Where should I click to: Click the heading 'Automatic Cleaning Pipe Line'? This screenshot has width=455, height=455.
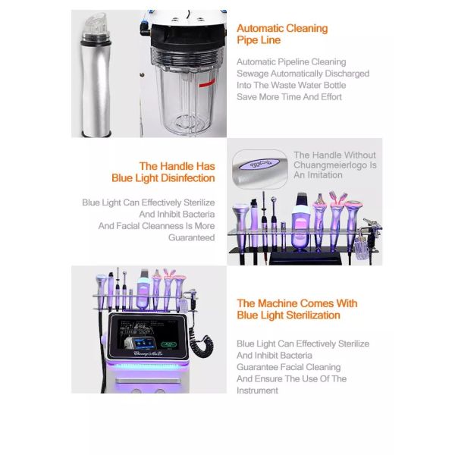tap(282, 34)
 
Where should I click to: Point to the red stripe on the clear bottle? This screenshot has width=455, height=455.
tap(206, 83)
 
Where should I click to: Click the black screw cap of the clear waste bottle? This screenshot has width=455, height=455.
tap(188, 36)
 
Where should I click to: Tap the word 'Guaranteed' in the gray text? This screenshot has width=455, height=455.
tap(192, 237)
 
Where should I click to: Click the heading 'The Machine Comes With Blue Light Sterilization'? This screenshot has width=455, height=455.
tap(297, 309)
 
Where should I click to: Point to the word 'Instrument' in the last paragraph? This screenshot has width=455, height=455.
tap(257, 391)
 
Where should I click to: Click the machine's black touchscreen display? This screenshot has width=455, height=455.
tap(148, 336)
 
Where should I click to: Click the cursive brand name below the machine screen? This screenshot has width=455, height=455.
tap(148, 353)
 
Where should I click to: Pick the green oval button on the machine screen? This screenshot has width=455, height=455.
tap(168, 344)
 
